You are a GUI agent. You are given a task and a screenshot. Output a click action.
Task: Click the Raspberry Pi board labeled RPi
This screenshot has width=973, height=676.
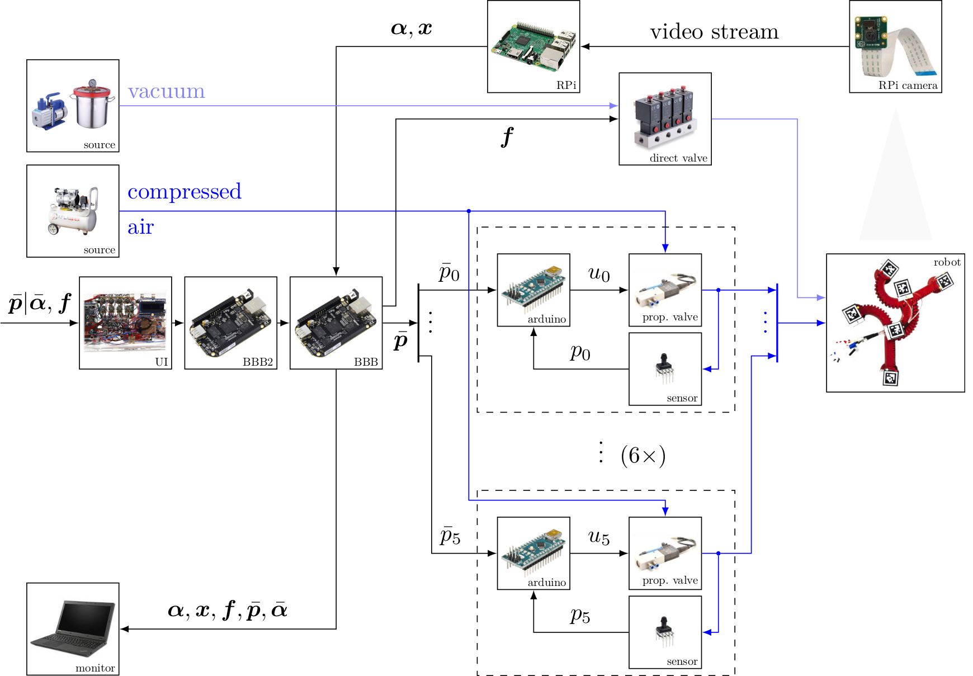tap(533, 46)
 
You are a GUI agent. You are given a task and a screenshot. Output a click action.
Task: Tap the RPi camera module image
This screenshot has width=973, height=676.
tap(895, 46)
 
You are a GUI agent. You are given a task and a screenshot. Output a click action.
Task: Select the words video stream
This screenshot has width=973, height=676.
tap(714, 32)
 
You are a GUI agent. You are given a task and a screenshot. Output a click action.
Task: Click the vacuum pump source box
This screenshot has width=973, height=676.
tap(73, 106)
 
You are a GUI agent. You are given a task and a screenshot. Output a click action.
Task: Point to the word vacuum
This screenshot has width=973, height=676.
tap(166, 91)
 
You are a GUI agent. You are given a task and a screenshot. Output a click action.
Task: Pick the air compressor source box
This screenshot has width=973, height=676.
tap(73, 211)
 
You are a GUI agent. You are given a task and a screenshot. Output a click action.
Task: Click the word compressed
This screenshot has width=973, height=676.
tap(185, 192)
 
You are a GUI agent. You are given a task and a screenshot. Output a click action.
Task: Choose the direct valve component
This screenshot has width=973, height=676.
tap(665, 119)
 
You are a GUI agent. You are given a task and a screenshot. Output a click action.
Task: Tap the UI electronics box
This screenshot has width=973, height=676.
tap(125, 323)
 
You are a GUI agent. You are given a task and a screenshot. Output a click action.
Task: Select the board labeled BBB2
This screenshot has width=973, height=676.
tap(230, 323)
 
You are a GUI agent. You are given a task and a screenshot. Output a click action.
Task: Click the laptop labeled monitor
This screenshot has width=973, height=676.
tap(73, 629)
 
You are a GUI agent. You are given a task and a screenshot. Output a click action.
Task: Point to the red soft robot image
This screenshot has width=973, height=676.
tap(895, 323)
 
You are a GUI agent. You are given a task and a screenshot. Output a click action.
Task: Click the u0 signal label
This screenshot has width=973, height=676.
tap(599, 274)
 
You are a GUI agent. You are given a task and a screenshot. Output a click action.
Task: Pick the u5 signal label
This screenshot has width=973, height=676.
tap(599, 537)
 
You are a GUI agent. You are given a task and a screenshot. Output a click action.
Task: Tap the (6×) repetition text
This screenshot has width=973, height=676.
tap(643, 456)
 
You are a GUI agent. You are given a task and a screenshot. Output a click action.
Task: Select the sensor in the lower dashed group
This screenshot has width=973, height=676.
tap(665, 632)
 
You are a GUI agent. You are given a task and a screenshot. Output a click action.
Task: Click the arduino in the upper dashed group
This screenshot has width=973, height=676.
tap(533, 290)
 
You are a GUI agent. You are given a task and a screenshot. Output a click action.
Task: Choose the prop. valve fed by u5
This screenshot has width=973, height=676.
tap(665, 553)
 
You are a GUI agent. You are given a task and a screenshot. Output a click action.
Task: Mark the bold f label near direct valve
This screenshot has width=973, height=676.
tap(507, 137)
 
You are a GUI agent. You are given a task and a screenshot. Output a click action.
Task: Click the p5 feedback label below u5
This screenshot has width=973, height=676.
tap(580, 616)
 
